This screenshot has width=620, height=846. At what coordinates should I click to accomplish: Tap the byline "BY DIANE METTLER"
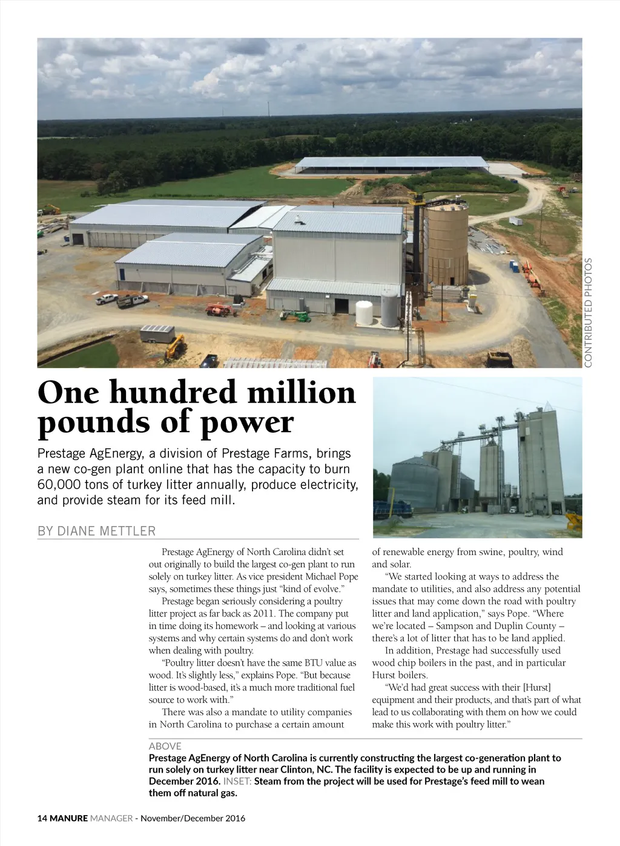[x=97, y=531]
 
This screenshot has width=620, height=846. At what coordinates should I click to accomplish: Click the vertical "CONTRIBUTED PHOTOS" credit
[x=588, y=312]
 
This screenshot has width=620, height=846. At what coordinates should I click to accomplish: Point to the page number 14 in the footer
[x=42, y=818]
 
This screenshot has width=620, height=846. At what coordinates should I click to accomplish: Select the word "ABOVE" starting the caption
[x=165, y=746]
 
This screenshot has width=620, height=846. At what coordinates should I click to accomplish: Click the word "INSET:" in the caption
[x=237, y=781]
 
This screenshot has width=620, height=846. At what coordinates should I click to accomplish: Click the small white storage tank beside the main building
[x=364, y=313]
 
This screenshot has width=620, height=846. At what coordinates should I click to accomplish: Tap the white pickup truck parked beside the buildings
[x=107, y=298]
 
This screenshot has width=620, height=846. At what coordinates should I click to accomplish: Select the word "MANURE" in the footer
[x=68, y=818]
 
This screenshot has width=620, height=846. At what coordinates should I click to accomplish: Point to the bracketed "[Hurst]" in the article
[x=536, y=687]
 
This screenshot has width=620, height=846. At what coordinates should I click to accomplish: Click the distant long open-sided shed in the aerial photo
[x=392, y=164]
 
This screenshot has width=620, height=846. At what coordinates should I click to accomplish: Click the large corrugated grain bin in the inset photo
[x=414, y=485]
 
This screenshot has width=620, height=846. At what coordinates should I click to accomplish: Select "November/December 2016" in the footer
[x=193, y=818]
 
